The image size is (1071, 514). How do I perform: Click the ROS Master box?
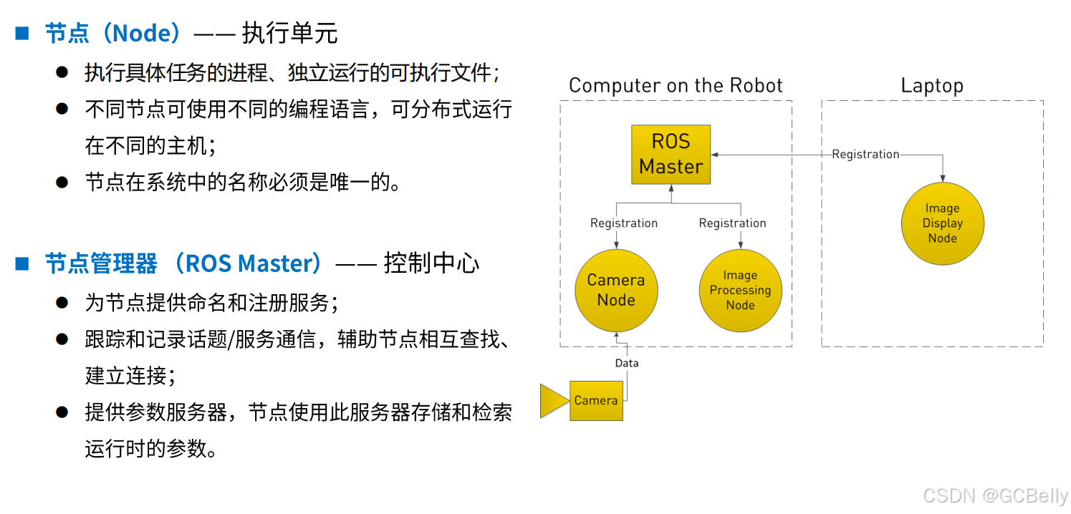671,154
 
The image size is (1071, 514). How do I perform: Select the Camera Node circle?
616,290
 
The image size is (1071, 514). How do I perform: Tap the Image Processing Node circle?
740,290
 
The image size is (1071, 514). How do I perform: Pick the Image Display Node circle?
942,223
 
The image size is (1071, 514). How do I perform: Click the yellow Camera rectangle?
596,400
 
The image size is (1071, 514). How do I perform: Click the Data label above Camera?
627,363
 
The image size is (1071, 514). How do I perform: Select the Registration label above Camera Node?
623,223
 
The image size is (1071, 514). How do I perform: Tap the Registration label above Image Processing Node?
732,223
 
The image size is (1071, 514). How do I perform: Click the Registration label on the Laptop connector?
865,154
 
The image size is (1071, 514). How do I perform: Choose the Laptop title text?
931,86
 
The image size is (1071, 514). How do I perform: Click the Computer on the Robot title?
676,86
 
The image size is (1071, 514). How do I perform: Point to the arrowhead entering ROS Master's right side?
715,154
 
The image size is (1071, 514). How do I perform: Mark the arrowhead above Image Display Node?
942,178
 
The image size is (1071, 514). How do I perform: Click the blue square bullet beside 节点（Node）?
22,33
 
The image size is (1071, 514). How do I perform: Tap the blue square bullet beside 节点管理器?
22,263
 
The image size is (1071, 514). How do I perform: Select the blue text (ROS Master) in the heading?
251,263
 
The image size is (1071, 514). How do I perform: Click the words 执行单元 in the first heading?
289,33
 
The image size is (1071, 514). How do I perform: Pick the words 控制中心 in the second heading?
431,263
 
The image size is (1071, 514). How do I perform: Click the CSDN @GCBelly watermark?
995,495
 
